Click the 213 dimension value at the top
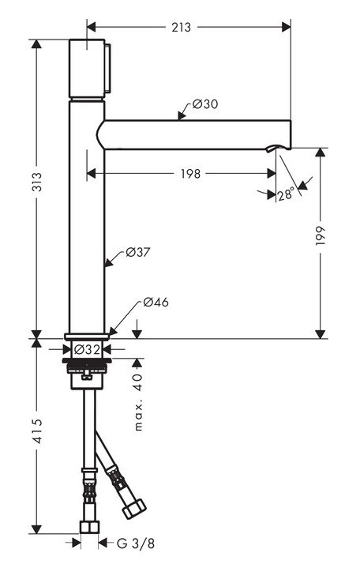point(181,28)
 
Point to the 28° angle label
point(286,194)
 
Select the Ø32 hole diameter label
point(87,349)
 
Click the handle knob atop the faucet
point(88,68)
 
